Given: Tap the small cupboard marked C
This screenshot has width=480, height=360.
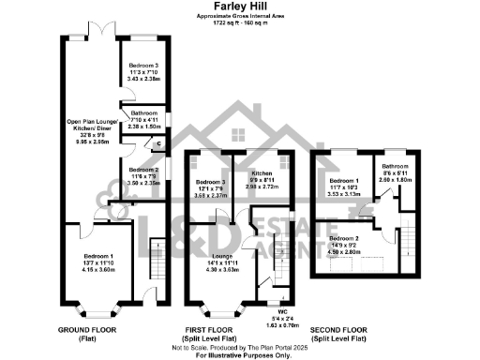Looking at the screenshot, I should (x=157, y=143).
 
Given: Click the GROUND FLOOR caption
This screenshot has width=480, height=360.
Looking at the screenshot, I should (x=87, y=331).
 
